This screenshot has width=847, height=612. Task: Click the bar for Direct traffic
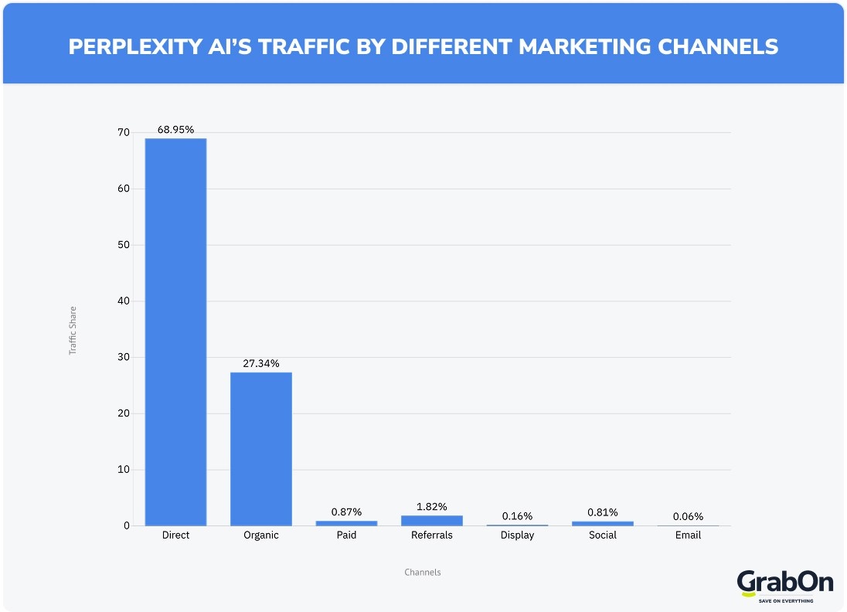tap(175, 332)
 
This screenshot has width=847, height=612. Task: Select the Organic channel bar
tap(261, 448)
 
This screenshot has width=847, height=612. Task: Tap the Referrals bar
tap(431, 521)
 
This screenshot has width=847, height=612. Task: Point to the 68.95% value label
tap(175, 130)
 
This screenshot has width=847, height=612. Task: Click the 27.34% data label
tap(261, 363)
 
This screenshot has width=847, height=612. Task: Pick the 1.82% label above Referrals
tap(431, 506)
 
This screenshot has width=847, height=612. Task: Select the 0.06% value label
tap(688, 516)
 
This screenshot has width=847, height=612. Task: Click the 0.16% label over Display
tap(517, 515)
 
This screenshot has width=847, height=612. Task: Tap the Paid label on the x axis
tap(346, 535)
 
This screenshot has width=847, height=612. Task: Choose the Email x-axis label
tap(688, 535)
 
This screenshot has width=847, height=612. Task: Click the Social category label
tap(602, 535)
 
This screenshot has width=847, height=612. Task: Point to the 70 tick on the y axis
tap(124, 133)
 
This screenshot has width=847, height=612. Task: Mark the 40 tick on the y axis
tap(124, 301)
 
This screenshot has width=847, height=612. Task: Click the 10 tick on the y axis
tap(124, 470)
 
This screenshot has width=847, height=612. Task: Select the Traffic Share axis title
tap(73, 330)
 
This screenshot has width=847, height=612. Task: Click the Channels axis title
tap(423, 573)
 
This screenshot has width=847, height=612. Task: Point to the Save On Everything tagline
tap(784, 600)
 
